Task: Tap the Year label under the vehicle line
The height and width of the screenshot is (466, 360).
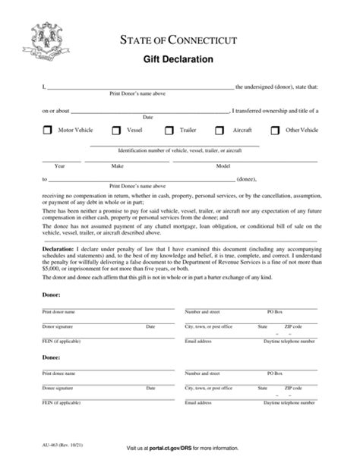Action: pyautogui.click(x=58, y=165)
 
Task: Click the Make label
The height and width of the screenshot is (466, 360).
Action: pyautogui.click(x=118, y=165)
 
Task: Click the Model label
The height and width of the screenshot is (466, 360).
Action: pyautogui.click(x=223, y=165)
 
